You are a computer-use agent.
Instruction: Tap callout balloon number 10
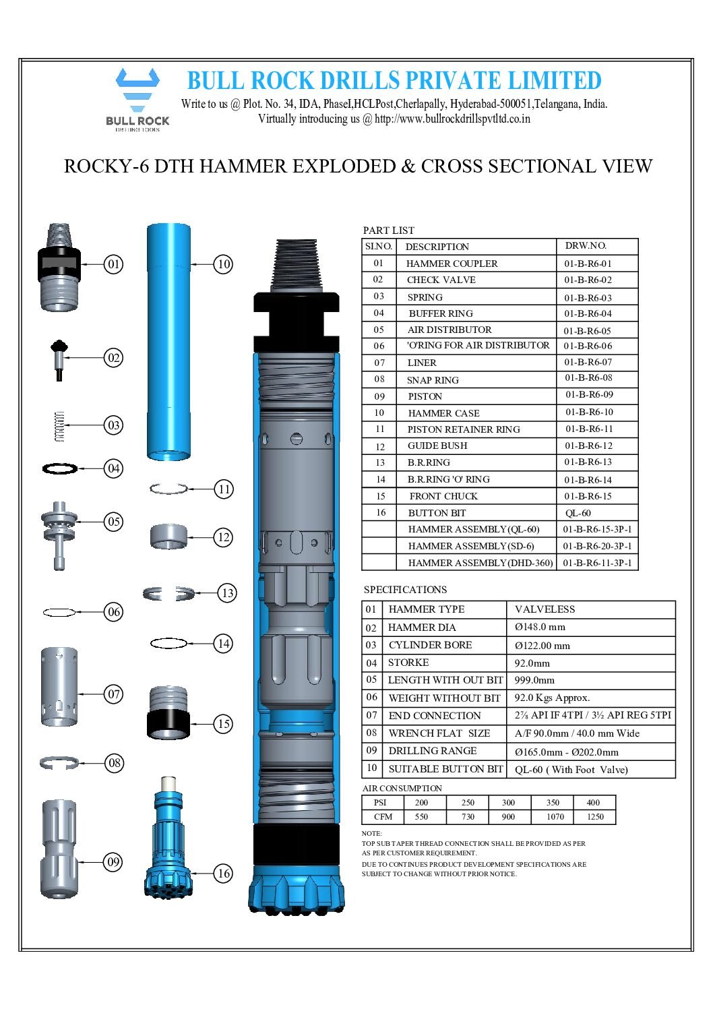[x=224, y=264]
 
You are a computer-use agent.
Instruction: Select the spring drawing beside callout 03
[x=59, y=426]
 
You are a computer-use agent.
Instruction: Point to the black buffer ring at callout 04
[x=60, y=468]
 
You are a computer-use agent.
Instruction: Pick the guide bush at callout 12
[x=168, y=537]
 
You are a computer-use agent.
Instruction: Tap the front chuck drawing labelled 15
[x=168, y=713]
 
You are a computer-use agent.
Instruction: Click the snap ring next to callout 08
[x=59, y=762]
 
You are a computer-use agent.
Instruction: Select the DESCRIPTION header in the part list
[x=437, y=247]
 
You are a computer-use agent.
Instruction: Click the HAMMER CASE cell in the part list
[x=443, y=413]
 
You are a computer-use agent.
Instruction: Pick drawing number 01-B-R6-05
[x=588, y=331]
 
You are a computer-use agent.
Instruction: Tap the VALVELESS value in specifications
[x=545, y=609]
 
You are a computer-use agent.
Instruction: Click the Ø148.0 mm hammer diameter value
[x=540, y=627]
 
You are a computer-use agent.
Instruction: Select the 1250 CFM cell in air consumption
[x=595, y=817]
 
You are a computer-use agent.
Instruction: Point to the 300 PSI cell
[x=508, y=803]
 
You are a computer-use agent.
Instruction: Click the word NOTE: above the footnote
[x=371, y=833]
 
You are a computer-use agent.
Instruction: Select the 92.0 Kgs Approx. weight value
[x=552, y=698]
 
